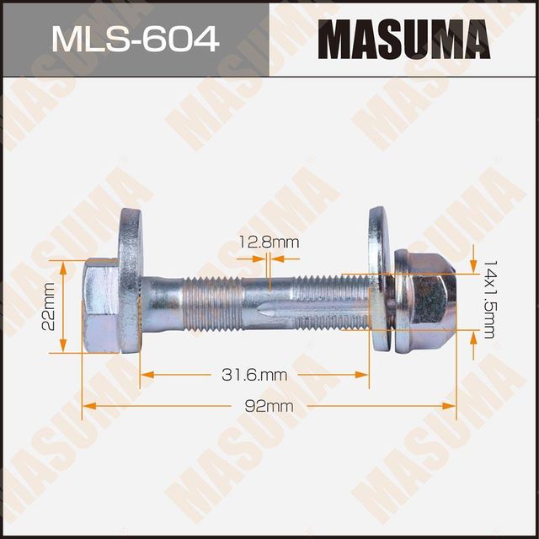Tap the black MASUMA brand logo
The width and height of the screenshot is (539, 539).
click(x=403, y=39)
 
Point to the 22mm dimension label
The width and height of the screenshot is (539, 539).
click(x=48, y=307)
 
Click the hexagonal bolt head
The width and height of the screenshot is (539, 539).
click(x=100, y=306)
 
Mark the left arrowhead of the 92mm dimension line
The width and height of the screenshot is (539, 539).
click(x=86, y=406)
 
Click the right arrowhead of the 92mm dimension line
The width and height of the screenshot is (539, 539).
click(x=452, y=406)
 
